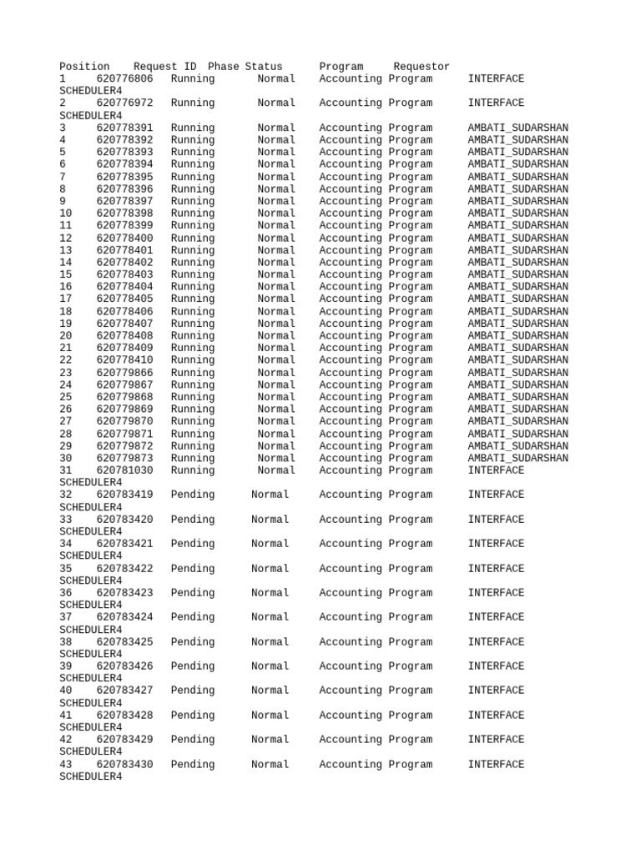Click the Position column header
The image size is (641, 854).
click(84, 67)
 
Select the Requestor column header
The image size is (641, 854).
click(421, 67)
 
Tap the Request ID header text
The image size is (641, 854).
click(165, 67)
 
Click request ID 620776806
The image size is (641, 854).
click(124, 79)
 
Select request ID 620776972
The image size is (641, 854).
click(124, 103)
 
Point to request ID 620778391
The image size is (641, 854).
click(124, 128)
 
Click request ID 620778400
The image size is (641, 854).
click(124, 239)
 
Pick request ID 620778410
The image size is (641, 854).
click(124, 360)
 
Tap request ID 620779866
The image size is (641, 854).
click(124, 373)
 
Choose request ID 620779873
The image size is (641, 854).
click(124, 459)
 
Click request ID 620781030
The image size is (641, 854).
click(124, 470)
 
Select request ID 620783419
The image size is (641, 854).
click(124, 495)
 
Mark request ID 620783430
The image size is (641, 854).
click(124, 765)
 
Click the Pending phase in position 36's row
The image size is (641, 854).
click(193, 593)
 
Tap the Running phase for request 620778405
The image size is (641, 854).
click(193, 299)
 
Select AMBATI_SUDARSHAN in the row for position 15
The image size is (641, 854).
click(517, 275)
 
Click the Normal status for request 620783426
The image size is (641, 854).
click(270, 666)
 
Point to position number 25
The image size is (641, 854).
click(66, 397)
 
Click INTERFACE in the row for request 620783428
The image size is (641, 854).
click(496, 716)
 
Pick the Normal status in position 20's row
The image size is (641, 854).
click(276, 336)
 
